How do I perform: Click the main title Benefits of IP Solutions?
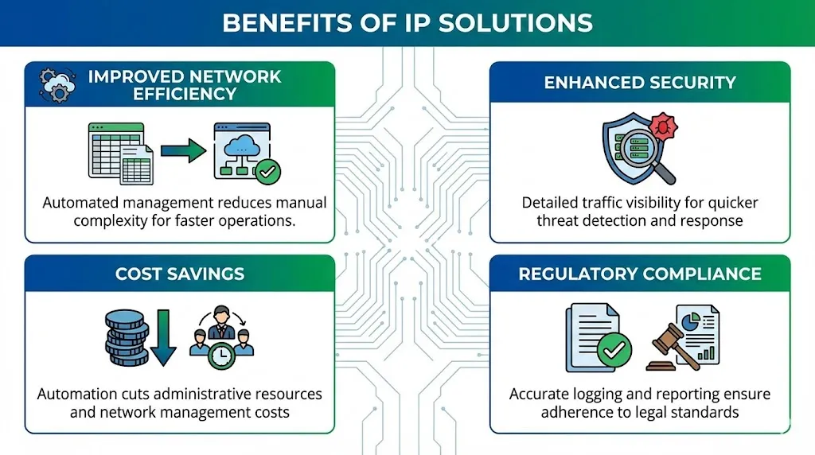(407, 21)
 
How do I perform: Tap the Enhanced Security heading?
(639, 82)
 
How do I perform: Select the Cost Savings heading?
(179, 274)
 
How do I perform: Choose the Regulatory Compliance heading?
(639, 274)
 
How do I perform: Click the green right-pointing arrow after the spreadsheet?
(182, 151)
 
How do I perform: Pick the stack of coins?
(127, 337)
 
